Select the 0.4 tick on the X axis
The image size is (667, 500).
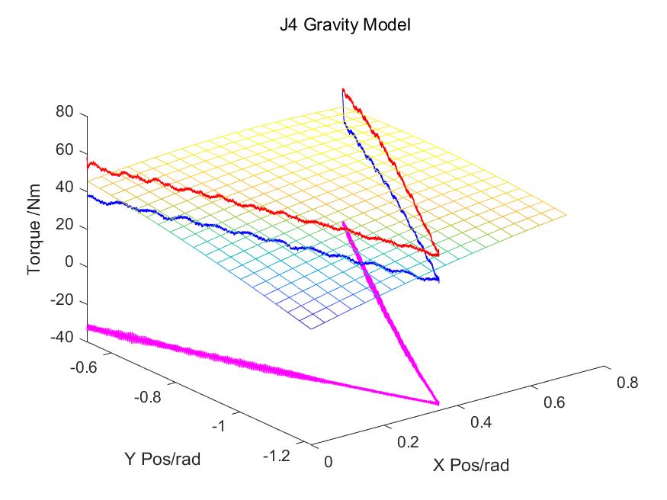[483, 421]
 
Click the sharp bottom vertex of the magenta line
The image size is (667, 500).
[438, 402]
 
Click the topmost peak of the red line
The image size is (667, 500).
[344, 90]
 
